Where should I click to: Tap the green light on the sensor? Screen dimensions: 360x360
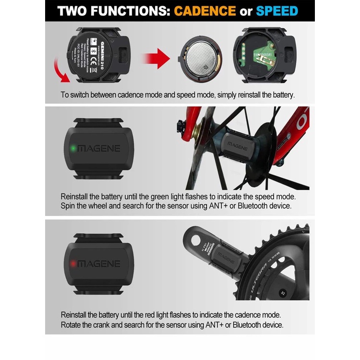coord(72,148)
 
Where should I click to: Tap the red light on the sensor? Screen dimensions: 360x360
coord(72,264)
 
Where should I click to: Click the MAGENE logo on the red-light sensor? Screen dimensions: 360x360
coord(98,264)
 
